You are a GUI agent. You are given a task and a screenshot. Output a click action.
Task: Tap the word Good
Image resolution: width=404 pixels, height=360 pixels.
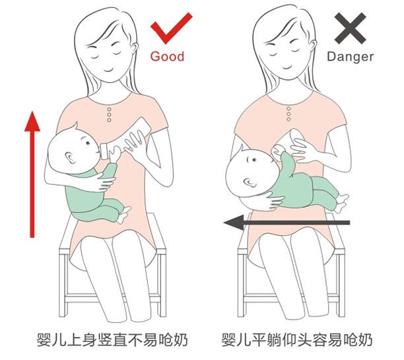(167, 57)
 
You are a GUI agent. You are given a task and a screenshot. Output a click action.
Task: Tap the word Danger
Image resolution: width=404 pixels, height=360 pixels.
(350, 57)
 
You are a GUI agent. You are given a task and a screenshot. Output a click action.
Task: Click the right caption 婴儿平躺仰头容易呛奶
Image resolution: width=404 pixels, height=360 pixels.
(297, 341)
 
